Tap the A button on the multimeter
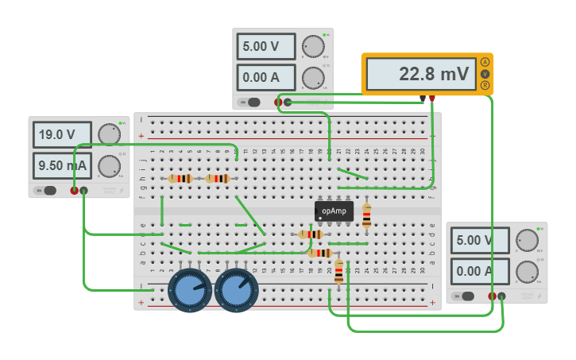point(485,63)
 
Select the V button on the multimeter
point(485,74)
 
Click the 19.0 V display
point(62,135)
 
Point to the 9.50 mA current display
point(62,166)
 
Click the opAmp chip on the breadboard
point(334,211)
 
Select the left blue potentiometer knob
point(190,290)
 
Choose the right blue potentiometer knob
point(237,290)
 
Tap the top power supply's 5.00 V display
point(265,47)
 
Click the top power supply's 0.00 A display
point(265,78)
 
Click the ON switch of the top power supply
point(252,102)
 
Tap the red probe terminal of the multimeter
point(432,99)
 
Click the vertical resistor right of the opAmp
point(366,215)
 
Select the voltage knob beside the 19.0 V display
point(109,134)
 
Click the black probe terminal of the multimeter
point(423,99)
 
